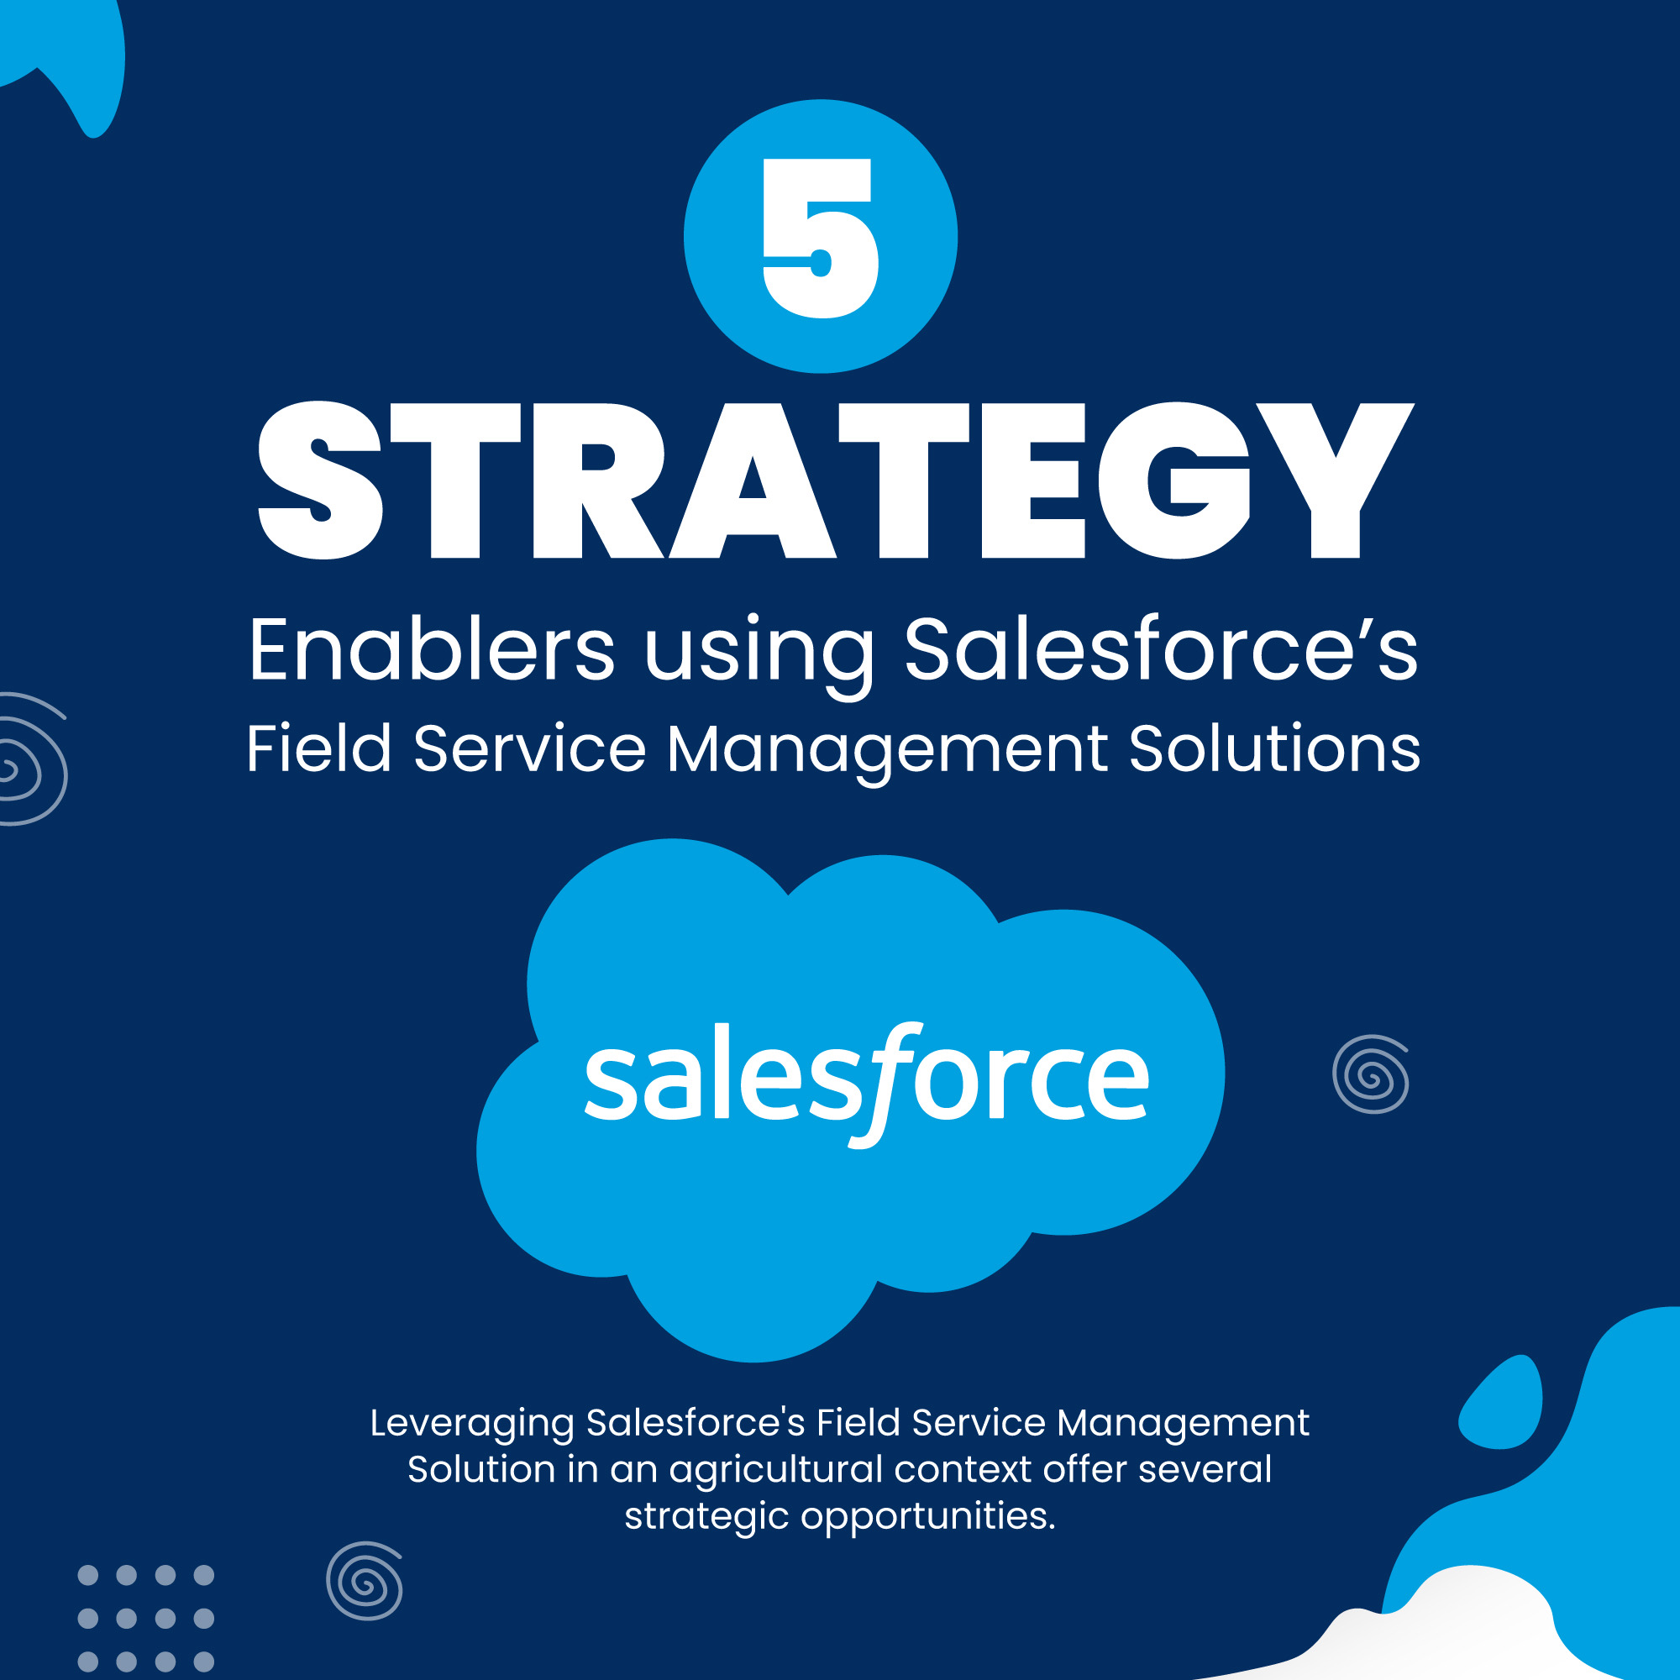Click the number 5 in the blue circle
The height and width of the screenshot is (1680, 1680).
tap(820, 238)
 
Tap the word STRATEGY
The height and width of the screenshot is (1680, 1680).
tap(837, 479)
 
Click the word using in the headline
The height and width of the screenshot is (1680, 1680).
tap(759, 658)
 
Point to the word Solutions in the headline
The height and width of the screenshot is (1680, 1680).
tap(1274, 748)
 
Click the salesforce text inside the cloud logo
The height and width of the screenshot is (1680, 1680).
tap(866, 1082)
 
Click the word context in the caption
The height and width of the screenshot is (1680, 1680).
tap(963, 1469)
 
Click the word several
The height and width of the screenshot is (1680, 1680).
tap(1205, 1469)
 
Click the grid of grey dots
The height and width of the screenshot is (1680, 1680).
tap(146, 1620)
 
